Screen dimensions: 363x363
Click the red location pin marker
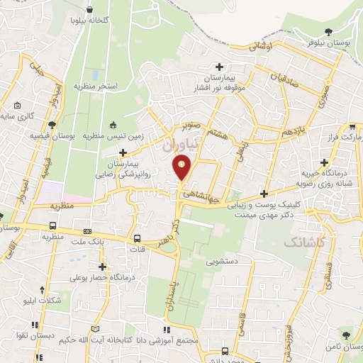pyautogui.click(x=183, y=167)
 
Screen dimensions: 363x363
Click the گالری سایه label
pyautogui.click(x=16, y=116)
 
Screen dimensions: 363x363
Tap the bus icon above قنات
pyautogui.click(x=136, y=238)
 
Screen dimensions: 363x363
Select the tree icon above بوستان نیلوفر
pyautogui.click(x=328, y=31)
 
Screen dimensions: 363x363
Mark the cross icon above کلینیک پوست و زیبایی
pyautogui.click(x=264, y=194)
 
